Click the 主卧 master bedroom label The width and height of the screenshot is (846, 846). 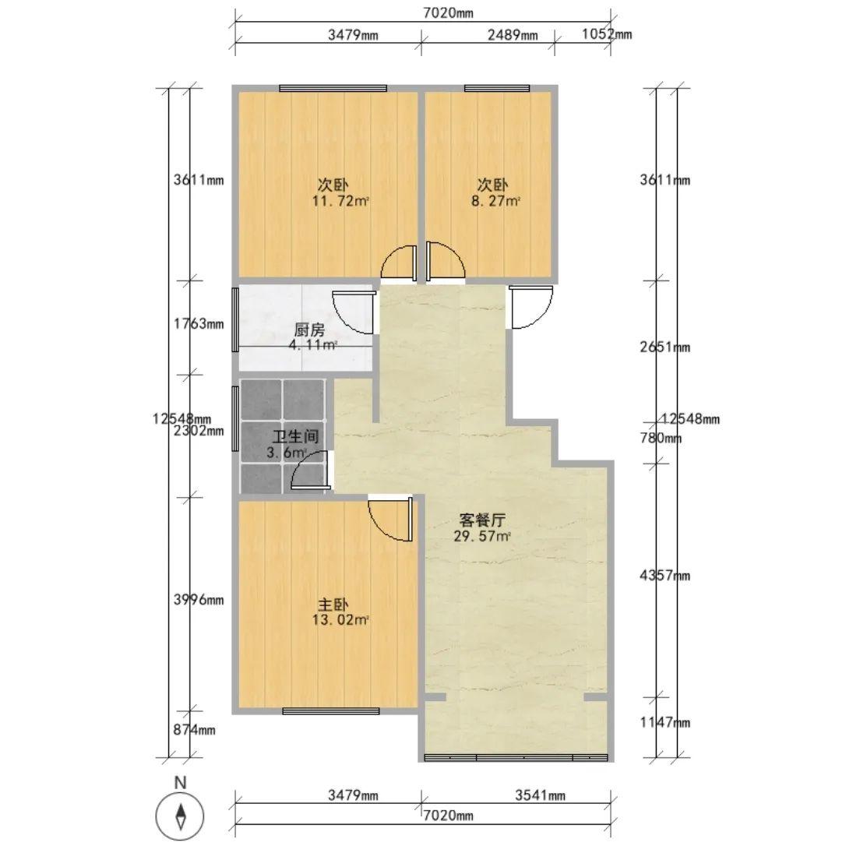pyautogui.click(x=333, y=605)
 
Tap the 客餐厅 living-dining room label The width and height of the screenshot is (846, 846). pyautogui.click(x=481, y=520)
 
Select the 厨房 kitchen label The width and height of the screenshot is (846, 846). pyautogui.click(x=310, y=330)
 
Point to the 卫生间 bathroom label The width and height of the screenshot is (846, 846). pyautogui.click(x=295, y=436)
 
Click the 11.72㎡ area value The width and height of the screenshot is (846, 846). pyautogui.click(x=340, y=201)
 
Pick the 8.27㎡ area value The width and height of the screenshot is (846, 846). pyautogui.click(x=495, y=201)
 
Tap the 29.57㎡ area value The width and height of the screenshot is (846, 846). pyautogui.click(x=481, y=536)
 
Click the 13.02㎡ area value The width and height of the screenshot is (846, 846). pyautogui.click(x=340, y=620)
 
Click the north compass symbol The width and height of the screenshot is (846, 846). pyautogui.click(x=180, y=814)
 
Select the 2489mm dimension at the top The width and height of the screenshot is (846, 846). pyautogui.click(x=513, y=35)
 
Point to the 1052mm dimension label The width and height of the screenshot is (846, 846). pyautogui.click(x=606, y=34)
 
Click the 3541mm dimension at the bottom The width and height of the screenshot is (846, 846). pyautogui.click(x=540, y=795)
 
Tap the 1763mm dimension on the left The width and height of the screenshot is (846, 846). pyautogui.click(x=199, y=324)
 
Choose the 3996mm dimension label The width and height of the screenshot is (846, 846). pyautogui.click(x=199, y=599)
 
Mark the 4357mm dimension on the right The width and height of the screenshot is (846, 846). pyautogui.click(x=664, y=576)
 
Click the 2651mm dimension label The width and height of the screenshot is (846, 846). pyautogui.click(x=664, y=347)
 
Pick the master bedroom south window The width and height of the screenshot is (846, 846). pyautogui.click(x=331, y=711)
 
